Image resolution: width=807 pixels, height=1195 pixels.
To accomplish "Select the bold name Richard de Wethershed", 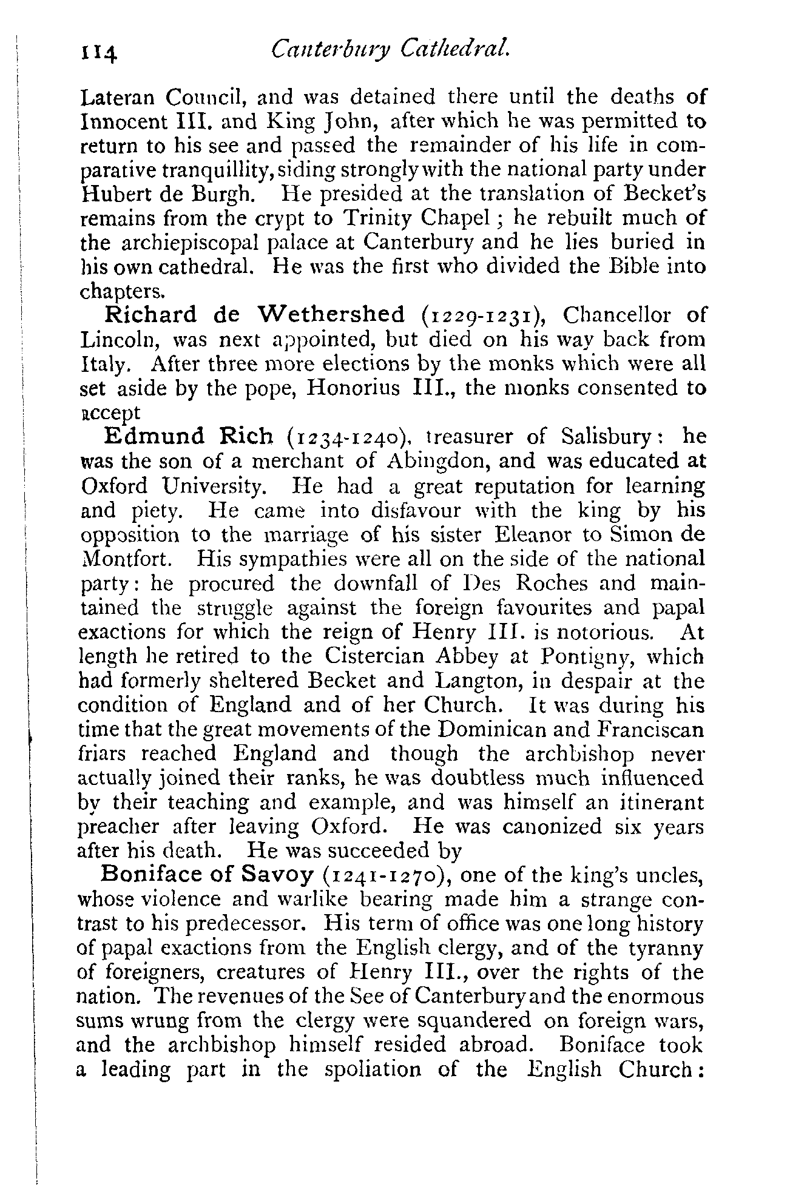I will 255,315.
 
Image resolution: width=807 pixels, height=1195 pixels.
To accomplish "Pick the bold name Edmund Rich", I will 189,436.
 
